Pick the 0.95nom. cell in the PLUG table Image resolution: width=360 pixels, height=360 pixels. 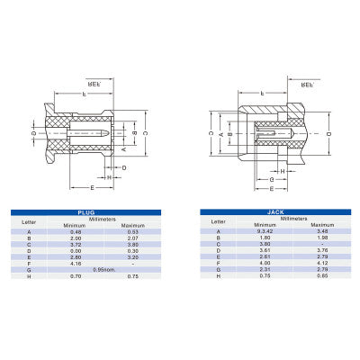106,269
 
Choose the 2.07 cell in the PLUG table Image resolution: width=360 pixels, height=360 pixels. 133,238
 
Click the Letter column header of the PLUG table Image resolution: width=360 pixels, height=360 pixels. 30,220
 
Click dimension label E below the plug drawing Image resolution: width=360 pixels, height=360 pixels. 93,187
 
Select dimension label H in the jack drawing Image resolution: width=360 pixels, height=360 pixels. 282,169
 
